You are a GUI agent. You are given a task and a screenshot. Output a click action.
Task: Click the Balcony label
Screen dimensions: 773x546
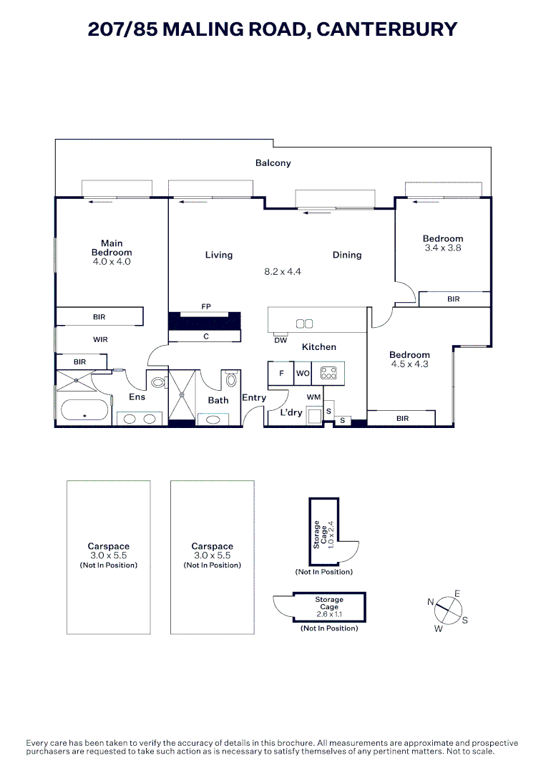pyautogui.click(x=273, y=163)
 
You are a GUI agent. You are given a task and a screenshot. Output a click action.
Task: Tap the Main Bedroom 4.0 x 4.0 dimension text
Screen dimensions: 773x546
pyautogui.click(x=112, y=262)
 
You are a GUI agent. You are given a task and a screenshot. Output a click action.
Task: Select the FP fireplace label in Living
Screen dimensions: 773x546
pyautogui.click(x=206, y=307)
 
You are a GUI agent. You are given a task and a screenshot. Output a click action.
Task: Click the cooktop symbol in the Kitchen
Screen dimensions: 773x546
pyautogui.click(x=329, y=373)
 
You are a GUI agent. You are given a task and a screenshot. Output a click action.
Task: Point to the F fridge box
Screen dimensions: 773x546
pyautogui.click(x=281, y=374)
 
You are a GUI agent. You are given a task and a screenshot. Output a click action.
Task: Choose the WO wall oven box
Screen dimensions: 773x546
pyautogui.click(x=303, y=374)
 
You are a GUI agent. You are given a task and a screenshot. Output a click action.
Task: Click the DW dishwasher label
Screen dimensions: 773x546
pyautogui.click(x=281, y=340)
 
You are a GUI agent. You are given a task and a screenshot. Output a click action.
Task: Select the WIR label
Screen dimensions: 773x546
pyautogui.click(x=100, y=340)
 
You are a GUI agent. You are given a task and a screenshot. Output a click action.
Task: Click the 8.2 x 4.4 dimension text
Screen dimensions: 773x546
pyautogui.click(x=283, y=272)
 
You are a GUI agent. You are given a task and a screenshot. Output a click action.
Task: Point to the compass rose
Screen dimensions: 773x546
pyautogui.click(x=448, y=611)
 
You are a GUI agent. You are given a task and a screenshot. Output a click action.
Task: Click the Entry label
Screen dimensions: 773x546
pyautogui.click(x=254, y=398)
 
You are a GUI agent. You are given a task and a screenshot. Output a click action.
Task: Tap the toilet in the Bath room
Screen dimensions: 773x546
pyautogui.click(x=231, y=379)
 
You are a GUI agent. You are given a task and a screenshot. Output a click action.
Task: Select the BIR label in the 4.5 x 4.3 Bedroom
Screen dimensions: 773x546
pyautogui.click(x=402, y=418)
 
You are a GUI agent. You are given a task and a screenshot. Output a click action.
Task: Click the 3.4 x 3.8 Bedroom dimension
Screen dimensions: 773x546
pyautogui.click(x=442, y=248)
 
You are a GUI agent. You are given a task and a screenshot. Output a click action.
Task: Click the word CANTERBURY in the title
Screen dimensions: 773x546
pyautogui.click(x=386, y=29)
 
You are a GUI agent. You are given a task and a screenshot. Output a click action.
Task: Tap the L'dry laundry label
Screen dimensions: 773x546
pyautogui.click(x=291, y=413)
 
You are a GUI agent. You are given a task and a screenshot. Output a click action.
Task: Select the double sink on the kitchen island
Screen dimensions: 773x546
pyautogui.click(x=304, y=324)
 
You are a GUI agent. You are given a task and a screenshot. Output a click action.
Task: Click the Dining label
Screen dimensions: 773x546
pyautogui.click(x=347, y=255)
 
